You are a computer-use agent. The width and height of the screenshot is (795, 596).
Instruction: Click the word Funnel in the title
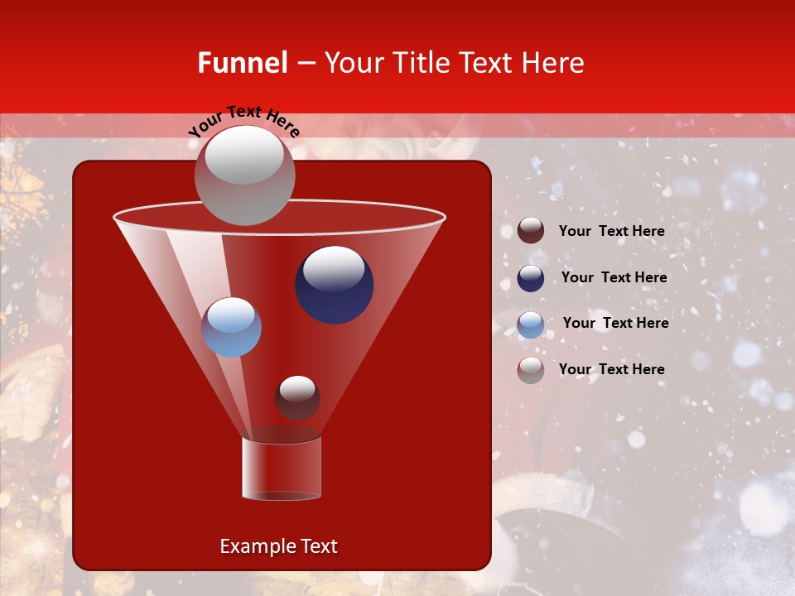pyautogui.click(x=243, y=63)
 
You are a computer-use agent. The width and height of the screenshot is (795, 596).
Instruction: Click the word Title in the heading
pyautogui.click(x=421, y=63)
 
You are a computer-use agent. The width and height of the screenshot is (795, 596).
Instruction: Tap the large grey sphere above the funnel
pyautogui.click(x=244, y=175)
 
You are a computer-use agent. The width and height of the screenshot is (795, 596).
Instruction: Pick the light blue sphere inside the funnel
pyautogui.click(x=231, y=328)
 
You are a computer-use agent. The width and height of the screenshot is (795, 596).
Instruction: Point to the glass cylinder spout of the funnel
pyautogui.click(x=282, y=468)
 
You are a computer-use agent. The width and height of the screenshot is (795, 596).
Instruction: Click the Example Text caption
pyautogui.click(x=278, y=546)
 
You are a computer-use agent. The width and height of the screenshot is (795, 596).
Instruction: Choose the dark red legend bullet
pyautogui.click(x=531, y=231)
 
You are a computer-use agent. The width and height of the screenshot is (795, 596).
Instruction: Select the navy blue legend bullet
pyautogui.click(x=531, y=278)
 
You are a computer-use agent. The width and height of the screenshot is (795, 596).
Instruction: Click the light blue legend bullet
pyautogui.click(x=531, y=324)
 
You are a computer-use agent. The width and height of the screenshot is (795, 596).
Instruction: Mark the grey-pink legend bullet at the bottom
pyautogui.click(x=531, y=370)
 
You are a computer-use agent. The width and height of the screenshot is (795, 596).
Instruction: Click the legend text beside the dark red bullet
pyautogui.click(x=612, y=231)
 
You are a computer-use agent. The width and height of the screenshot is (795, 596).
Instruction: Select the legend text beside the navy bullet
pyautogui.click(x=614, y=277)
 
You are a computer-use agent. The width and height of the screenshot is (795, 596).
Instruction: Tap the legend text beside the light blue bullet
pyautogui.click(x=615, y=323)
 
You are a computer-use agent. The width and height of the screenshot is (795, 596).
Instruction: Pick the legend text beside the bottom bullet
pyautogui.click(x=612, y=369)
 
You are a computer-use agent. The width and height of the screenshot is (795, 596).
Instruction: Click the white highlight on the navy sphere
pyautogui.click(x=334, y=267)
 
